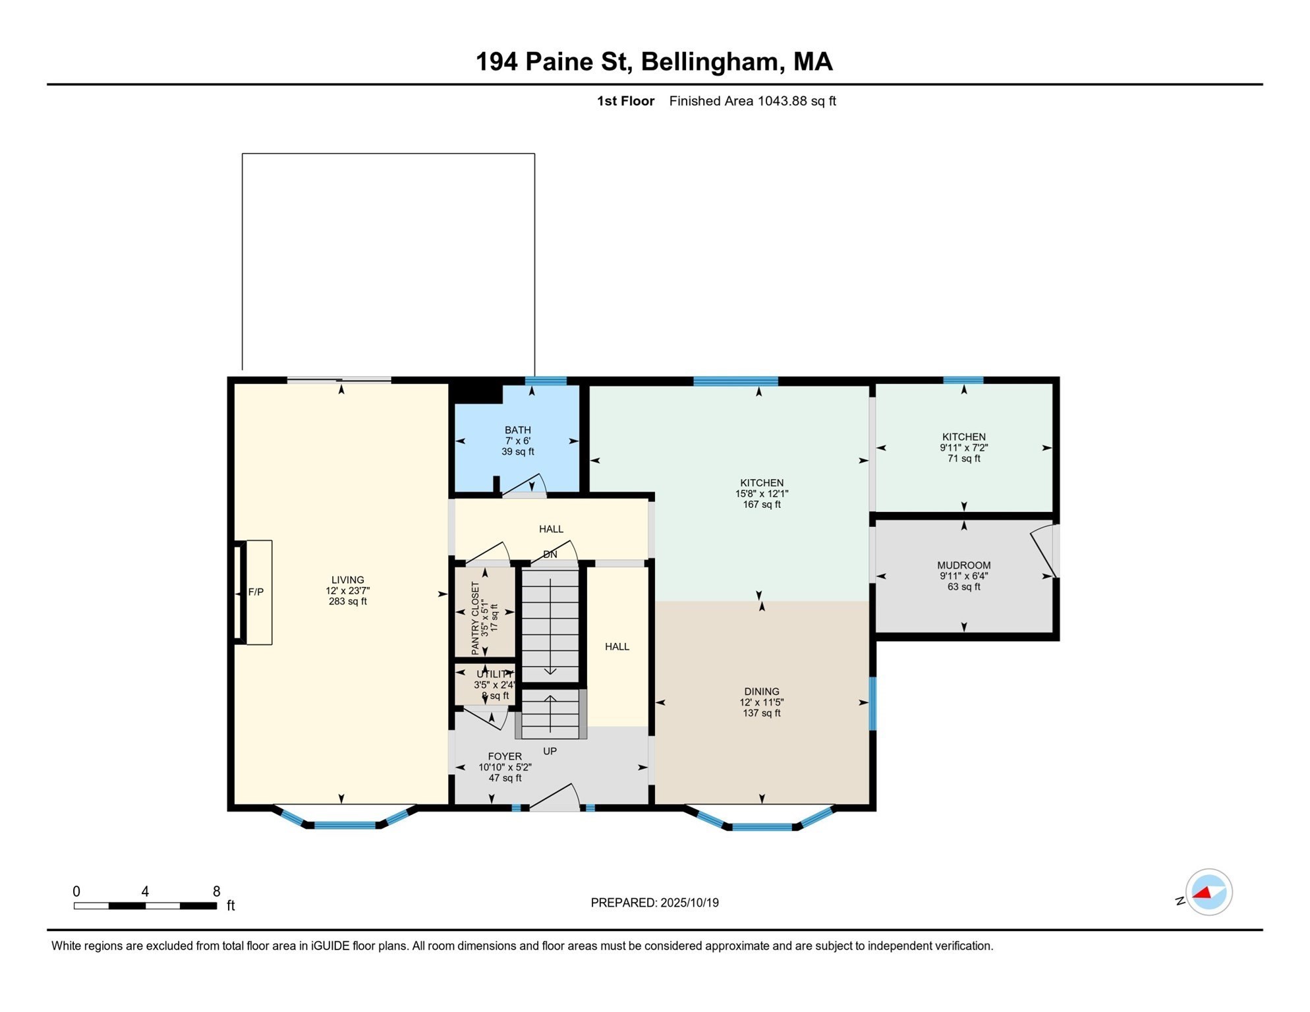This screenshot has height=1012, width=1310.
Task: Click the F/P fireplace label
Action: (x=256, y=592)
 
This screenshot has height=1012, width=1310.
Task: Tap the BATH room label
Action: (x=518, y=430)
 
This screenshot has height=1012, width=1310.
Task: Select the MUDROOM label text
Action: (x=964, y=565)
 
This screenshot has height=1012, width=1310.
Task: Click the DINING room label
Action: (x=762, y=692)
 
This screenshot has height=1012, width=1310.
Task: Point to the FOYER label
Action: (x=505, y=756)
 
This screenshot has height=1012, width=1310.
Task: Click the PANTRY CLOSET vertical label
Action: (x=476, y=618)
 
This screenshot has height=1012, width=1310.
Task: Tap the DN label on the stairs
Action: (x=550, y=555)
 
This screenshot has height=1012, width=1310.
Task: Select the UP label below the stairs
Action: (x=550, y=751)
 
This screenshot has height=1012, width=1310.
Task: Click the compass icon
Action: (x=1209, y=892)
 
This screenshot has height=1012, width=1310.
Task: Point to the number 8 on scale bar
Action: (x=216, y=891)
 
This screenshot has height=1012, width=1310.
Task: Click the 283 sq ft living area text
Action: (x=348, y=602)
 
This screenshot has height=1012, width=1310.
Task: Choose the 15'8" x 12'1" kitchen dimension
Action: (x=762, y=493)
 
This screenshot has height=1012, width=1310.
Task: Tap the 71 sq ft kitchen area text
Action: (x=964, y=459)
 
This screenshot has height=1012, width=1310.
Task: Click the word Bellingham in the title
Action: (x=710, y=62)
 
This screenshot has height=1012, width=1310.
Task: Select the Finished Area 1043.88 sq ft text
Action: (x=753, y=101)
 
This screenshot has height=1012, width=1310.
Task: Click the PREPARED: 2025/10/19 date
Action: (x=654, y=903)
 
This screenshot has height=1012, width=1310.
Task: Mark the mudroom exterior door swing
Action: (x=1044, y=551)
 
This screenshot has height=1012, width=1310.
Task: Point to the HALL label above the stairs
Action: (x=551, y=529)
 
